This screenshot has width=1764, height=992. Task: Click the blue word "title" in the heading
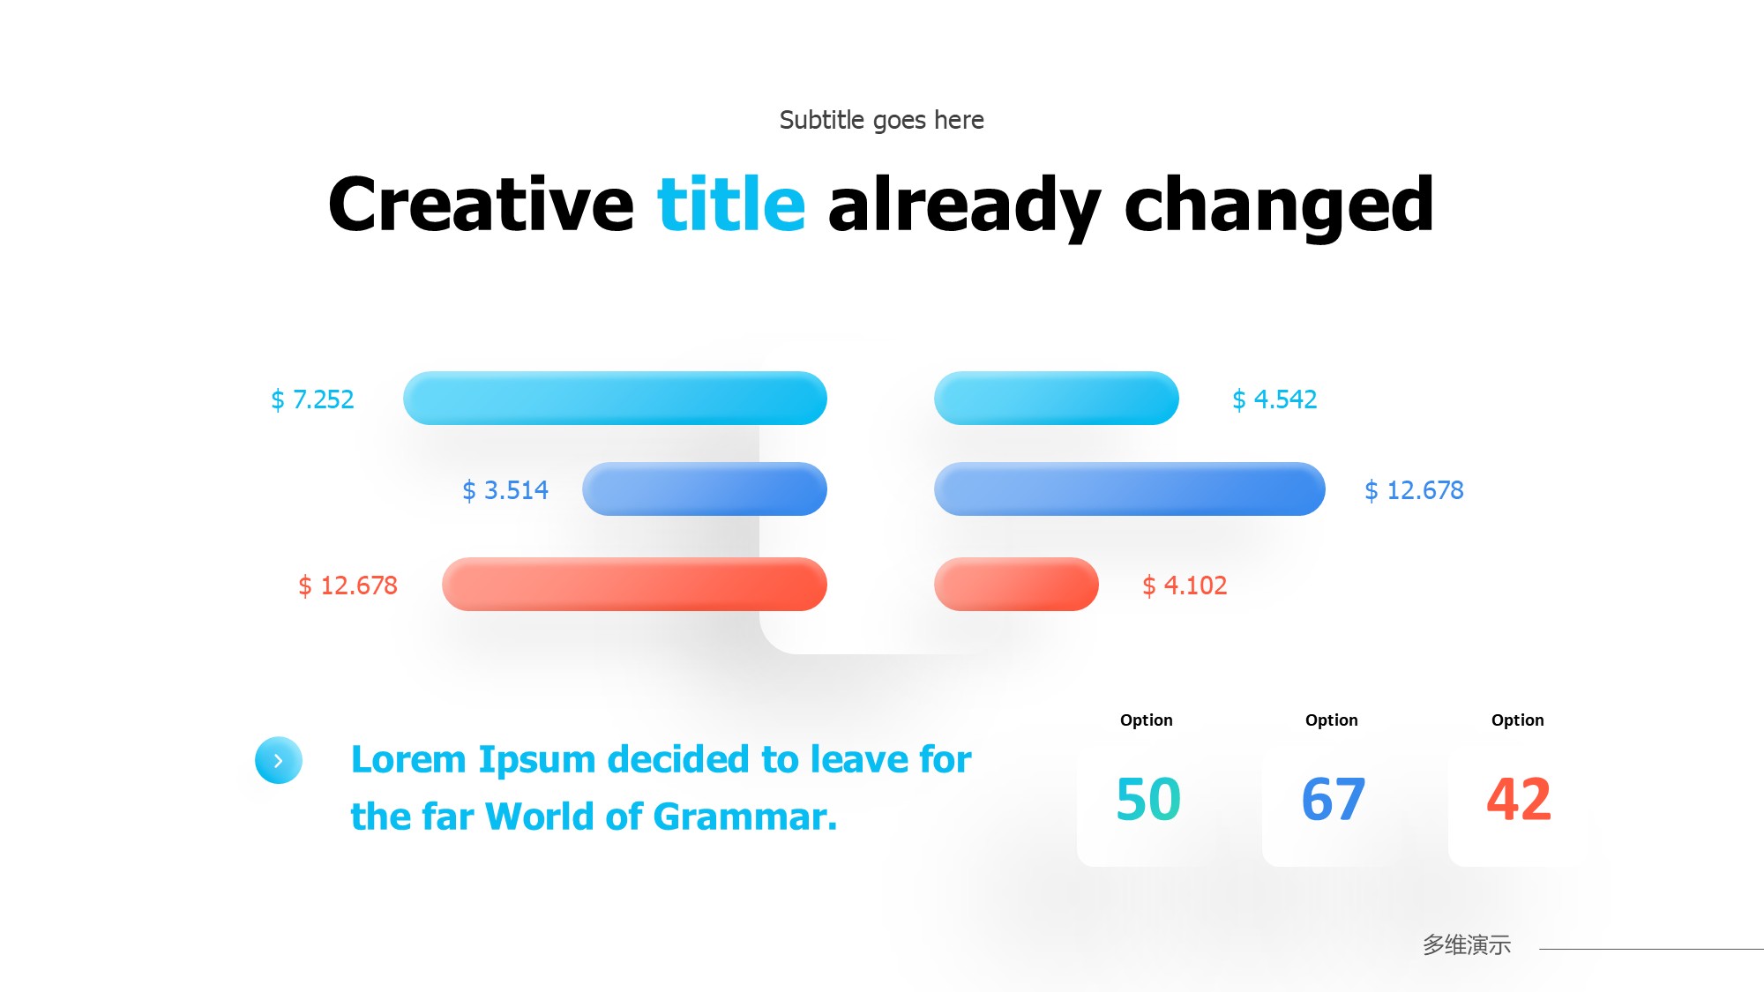(x=731, y=204)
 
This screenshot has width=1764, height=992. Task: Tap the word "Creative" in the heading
(x=481, y=204)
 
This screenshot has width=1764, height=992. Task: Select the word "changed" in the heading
(x=1279, y=207)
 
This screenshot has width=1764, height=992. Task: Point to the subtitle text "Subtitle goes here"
(x=882, y=120)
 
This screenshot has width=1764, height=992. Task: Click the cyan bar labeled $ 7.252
(x=615, y=398)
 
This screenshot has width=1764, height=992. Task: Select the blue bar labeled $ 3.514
(x=705, y=489)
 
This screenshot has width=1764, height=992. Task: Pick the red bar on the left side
(x=634, y=584)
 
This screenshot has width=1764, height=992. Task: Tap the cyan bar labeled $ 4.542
(x=1057, y=398)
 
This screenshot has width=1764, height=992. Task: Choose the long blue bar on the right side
(x=1130, y=489)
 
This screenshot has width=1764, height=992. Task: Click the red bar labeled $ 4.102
(x=1016, y=584)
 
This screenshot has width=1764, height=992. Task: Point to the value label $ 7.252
(x=312, y=399)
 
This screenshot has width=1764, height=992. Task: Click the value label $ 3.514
(x=505, y=490)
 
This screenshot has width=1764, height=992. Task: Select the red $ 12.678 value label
(x=348, y=586)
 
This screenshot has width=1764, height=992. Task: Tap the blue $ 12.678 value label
(x=1414, y=490)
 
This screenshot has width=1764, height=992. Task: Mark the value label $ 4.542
(x=1274, y=399)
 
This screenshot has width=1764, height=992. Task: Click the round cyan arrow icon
(x=279, y=760)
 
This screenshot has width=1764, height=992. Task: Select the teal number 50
(x=1148, y=799)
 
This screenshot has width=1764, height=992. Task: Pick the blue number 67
(x=1334, y=799)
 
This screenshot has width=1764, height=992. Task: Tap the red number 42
(x=1519, y=799)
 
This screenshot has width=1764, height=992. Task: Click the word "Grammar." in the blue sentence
(x=745, y=817)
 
